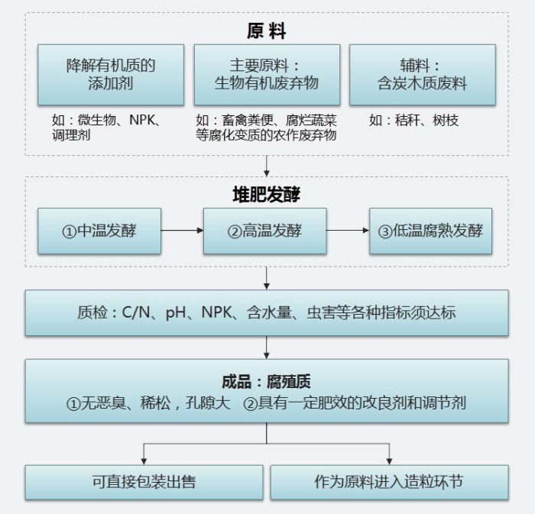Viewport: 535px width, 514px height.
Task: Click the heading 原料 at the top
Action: coord(266,31)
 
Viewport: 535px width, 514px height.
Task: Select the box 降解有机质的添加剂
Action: coord(111,74)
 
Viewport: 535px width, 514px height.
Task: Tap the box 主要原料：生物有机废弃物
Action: coord(267,74)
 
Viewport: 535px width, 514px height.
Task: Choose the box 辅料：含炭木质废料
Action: coord(422,74)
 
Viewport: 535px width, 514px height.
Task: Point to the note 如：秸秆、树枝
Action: coord(414,121)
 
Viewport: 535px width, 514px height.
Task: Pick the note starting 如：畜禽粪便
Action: coord(267,128)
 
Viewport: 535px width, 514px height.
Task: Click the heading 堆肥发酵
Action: coord(266,194)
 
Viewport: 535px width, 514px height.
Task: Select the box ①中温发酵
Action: coord(99,231)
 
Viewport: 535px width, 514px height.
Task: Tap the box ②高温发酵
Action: coord(264,231)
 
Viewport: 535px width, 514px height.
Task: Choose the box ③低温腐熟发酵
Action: coord(430,231)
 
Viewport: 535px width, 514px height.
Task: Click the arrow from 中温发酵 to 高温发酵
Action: coord(182,231)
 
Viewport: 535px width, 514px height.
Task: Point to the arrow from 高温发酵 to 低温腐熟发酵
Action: coord(348,231)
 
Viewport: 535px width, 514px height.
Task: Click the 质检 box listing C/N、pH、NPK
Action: coord(267,313)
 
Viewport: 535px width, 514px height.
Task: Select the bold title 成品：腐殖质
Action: coord(266,381)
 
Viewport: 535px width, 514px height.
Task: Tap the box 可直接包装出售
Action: coord(144,482)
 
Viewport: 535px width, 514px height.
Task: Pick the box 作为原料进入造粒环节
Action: coord(389,482)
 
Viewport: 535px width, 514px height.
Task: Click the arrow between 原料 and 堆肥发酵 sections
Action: coord(267,166)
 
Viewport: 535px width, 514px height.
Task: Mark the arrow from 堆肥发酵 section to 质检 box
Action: coord(267,277)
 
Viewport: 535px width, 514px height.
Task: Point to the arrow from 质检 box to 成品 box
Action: coord(267,348)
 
